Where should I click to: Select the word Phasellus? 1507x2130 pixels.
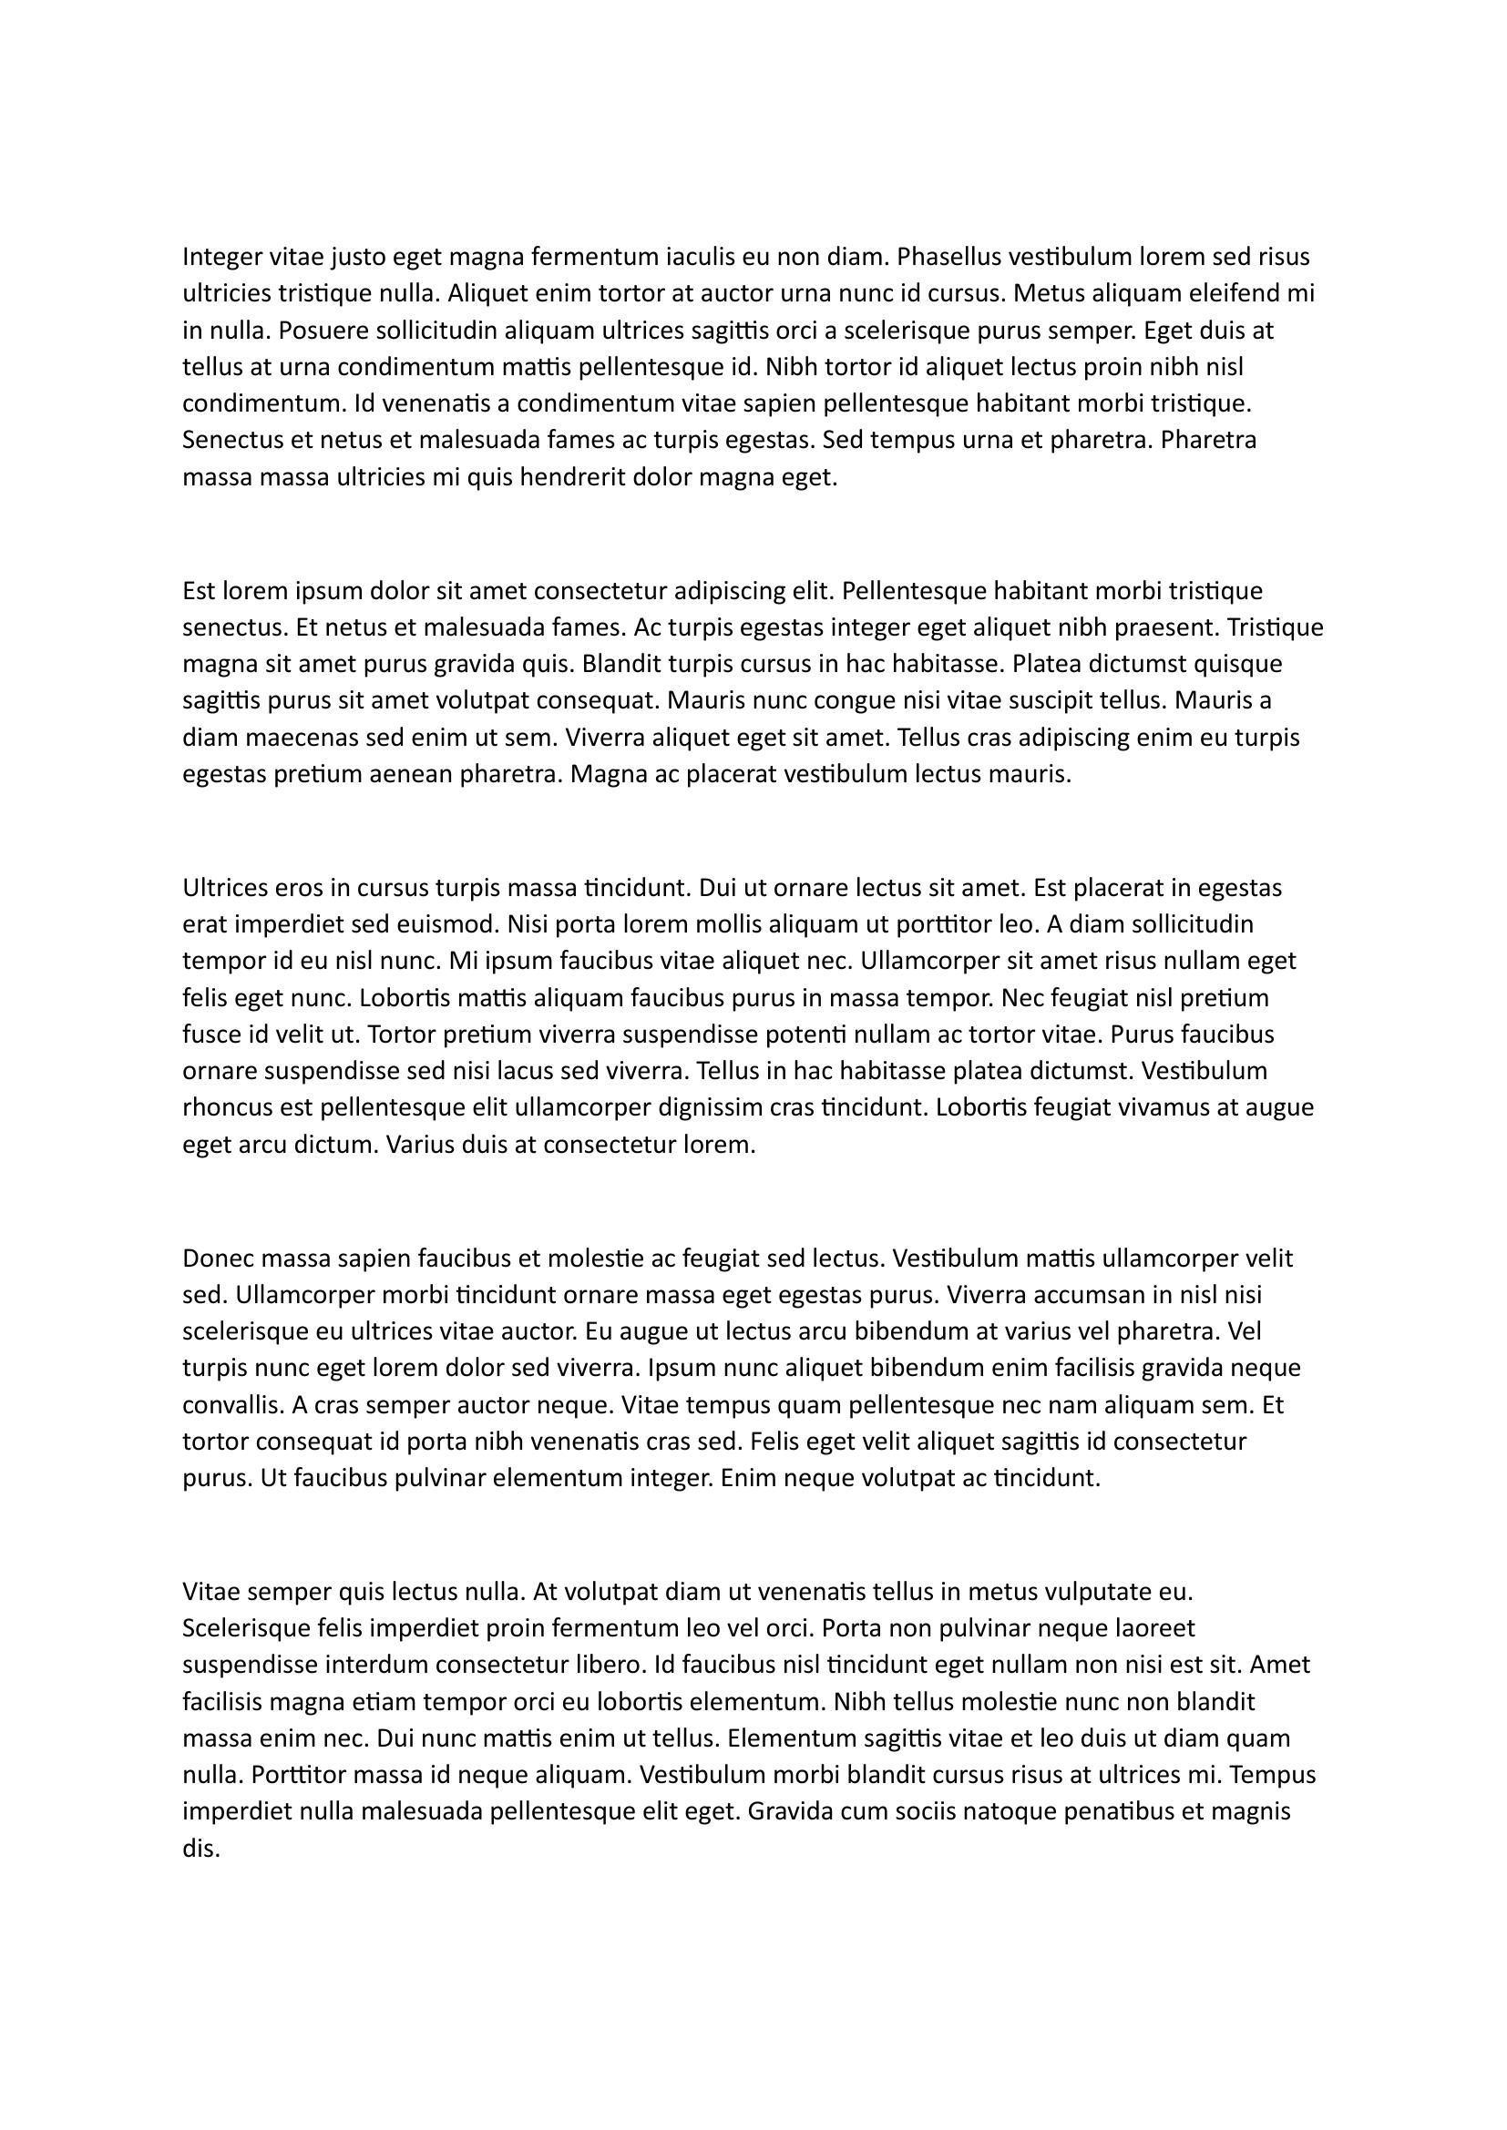click(949, 256)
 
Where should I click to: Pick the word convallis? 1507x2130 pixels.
click(231, 1405)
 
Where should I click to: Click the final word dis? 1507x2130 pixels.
click(200, 1849)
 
